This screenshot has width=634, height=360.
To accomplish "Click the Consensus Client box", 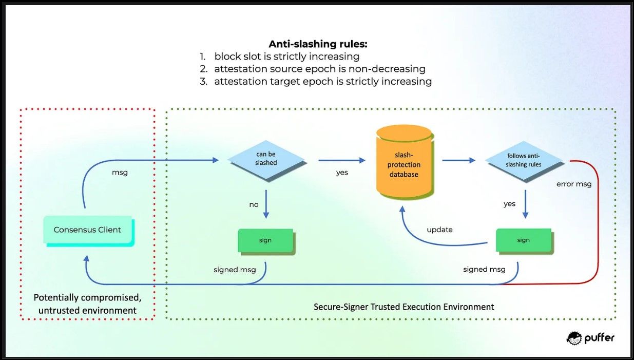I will click(x=88, y=230).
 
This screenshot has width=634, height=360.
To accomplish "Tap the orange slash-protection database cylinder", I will click(x=404, y=164).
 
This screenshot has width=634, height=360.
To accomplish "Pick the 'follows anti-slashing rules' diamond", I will click(x=524, y=160).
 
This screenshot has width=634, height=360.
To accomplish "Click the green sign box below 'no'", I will click(x=265, y=240).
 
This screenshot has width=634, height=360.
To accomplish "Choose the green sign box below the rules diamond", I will click(x=523, y=240).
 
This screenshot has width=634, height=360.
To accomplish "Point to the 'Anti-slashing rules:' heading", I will click(x=318, y=44).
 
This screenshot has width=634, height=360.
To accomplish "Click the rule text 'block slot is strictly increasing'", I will click(x=286, y=56).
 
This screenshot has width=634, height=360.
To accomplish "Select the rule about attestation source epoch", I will click(x=319, y=69).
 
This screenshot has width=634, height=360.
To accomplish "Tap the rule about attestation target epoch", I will click(x=322, y=81).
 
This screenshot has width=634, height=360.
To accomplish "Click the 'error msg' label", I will click(x=574, y=184).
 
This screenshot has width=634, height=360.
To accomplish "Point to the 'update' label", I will click(x=439, y=230).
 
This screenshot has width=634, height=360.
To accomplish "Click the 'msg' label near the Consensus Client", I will click(x=120, y=173).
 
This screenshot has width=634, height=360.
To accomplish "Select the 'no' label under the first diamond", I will click(x=254, y=204).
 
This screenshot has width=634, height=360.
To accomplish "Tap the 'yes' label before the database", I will click(x=342, y=173).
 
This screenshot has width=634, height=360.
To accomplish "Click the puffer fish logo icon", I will click(x=574, y=337).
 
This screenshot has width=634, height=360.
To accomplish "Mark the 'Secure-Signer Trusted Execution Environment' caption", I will click(x=404, y=307).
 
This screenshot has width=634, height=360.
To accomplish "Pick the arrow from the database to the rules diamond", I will click(x=458, y=160).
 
